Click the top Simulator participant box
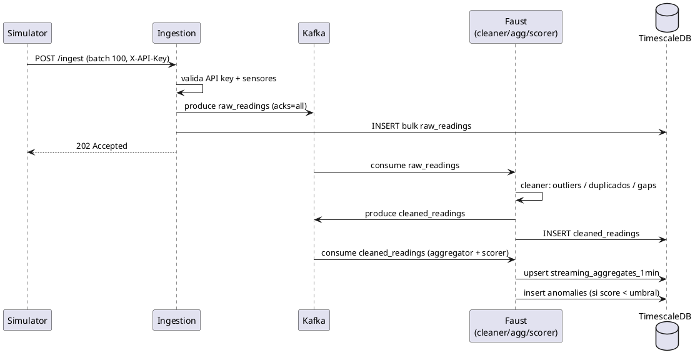coord(27,33)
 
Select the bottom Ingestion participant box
coord(176,320)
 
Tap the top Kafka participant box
coord(314,33)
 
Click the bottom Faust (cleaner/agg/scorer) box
coord(516,326)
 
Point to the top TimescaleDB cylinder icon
coord(666,16)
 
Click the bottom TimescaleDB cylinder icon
coord(666,334)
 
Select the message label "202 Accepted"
coord(101,146)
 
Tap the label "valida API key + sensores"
coord(228,79)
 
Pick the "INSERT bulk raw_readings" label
coord(421,126)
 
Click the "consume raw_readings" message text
coord(415,166)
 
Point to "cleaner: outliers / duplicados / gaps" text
coord(588,186)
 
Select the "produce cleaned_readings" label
coord(415,214)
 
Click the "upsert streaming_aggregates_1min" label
coord(591,273)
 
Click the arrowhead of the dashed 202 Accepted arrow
coord(30,152)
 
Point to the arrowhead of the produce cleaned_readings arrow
coord(317,220)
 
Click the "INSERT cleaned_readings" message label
coord(591,233)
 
